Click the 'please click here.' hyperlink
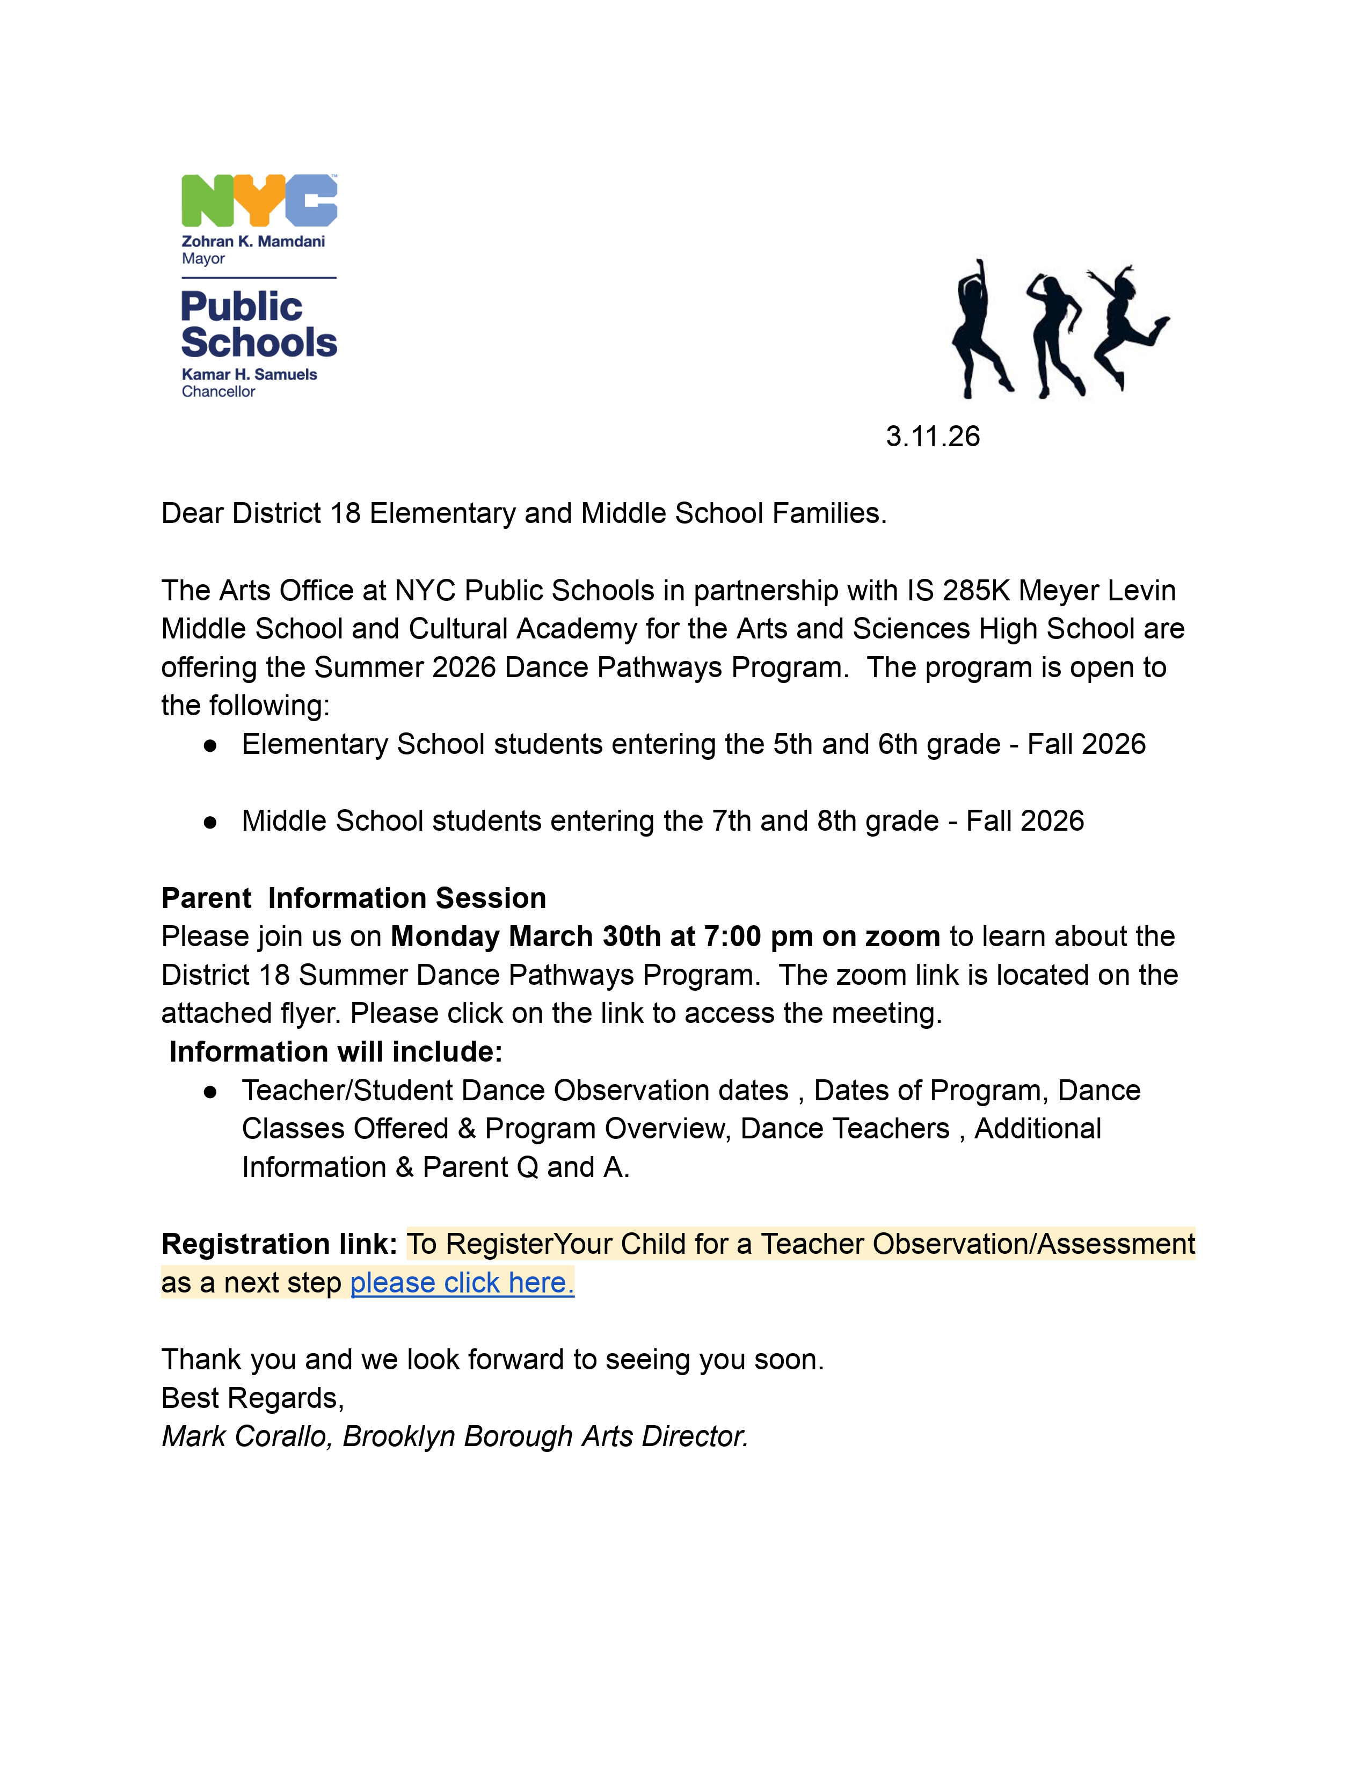click(x=462, y=1283)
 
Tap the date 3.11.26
click(x=932, y=437)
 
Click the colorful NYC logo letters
click(x=259, y=200)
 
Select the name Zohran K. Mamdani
click(x=253, y=241)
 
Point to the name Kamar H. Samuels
click(x=249, y=374)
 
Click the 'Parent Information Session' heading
click(x=354, y=898)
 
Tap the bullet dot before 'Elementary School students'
click(x=210, y=746)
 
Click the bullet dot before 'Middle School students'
click(x=210, y=822)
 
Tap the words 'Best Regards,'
click(x=253, y=1398)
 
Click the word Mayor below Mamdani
click(x=203, y=259)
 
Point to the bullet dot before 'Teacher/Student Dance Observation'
click(x=210, y=1092)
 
